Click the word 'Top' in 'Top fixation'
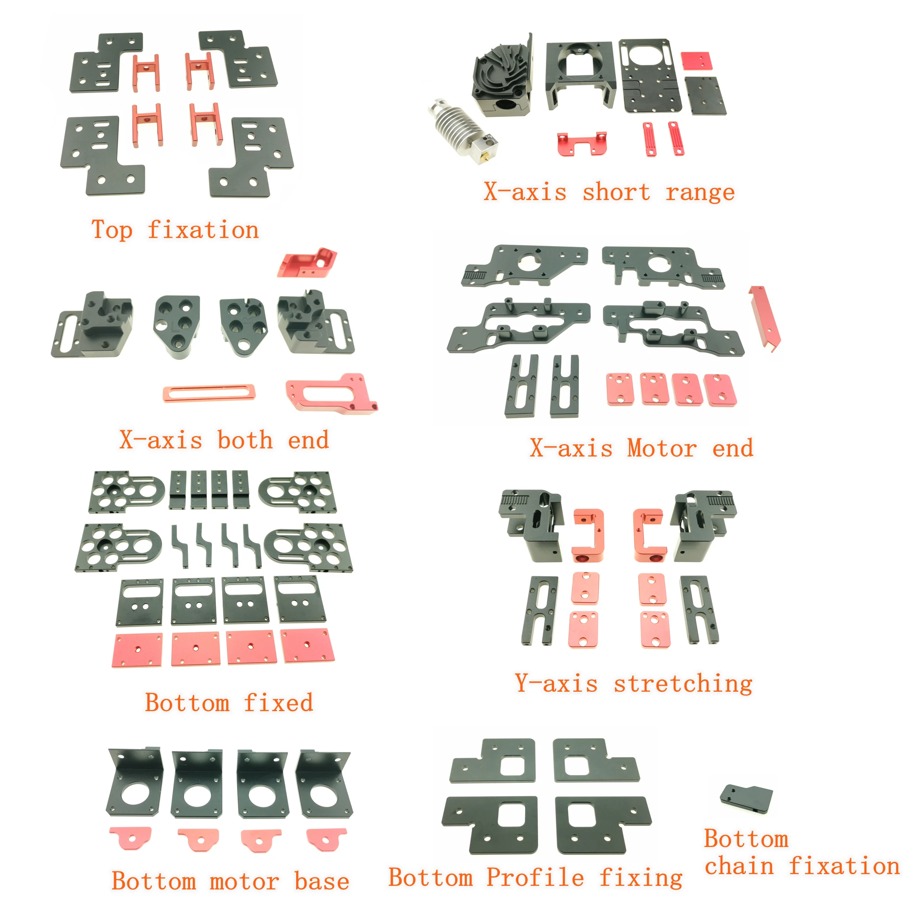(112, 230)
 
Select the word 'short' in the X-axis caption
(615, 192)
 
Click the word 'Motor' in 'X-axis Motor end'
(662, 448)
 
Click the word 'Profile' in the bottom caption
(535, 877)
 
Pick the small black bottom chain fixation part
(746, 799)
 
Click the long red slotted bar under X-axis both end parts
(209, 393)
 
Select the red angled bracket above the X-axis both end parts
(307, 264)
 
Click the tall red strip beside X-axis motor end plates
(765, 317)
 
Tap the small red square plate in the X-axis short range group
(695, 61)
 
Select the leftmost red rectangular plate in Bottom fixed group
(137, 650)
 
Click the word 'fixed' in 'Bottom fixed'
(278, 703)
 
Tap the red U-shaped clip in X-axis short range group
(582, 144)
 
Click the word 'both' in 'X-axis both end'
(245, 440)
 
